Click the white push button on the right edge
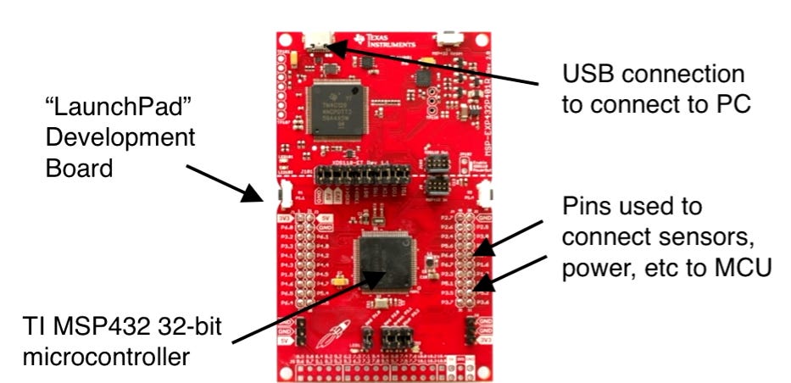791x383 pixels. (487, 192)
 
